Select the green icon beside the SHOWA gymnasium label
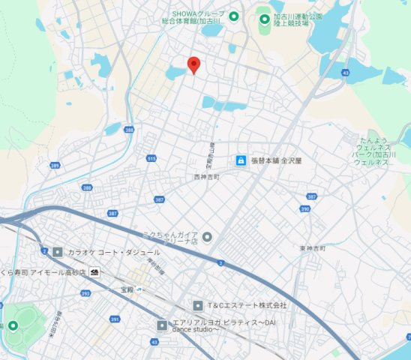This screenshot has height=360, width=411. tap(233, 16)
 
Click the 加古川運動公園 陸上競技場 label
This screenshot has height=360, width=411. tap(298, 19)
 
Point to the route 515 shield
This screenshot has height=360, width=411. tap(151, 159)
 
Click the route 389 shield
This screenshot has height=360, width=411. tap(55, 165)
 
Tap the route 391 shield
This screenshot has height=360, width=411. tap(115, 319)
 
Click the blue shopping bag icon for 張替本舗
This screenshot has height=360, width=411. tap(241, 160)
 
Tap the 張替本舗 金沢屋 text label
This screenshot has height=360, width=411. tap(276, 160)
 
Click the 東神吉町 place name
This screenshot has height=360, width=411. tap(310, 247)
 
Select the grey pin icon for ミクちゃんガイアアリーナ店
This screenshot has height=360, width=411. tap(208, 238)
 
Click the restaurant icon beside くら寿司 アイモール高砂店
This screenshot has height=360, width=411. tap(94, 271)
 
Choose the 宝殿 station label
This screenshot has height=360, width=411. tap(127, 289)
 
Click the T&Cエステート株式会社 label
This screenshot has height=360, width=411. tap(247, 305)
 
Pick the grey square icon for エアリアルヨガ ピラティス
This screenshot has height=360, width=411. tap(162, 325)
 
